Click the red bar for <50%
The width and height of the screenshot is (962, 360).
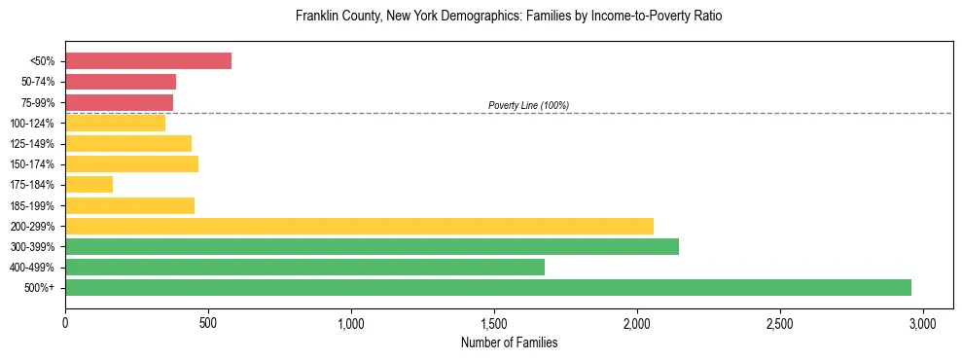point(148,61)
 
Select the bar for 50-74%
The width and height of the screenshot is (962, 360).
point(121,82)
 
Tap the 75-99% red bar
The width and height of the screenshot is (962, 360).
point(119,102)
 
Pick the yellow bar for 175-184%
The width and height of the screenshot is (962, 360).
point(89,184)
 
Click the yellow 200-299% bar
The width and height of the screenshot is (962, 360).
point(359,226)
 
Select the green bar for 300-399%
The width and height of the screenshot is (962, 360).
point(372,246)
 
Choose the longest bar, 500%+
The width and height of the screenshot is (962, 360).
point(487,287)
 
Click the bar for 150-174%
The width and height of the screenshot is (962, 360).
point(131,163)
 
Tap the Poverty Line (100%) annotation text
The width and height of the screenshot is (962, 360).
point(528,105)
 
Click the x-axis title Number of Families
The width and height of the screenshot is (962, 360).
point(509,342)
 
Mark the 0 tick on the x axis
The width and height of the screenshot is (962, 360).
point(65,322)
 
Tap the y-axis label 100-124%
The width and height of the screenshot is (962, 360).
point(33,124)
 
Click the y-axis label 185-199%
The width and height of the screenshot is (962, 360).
point(33,205)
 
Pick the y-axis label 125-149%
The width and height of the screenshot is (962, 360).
point(33,144)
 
